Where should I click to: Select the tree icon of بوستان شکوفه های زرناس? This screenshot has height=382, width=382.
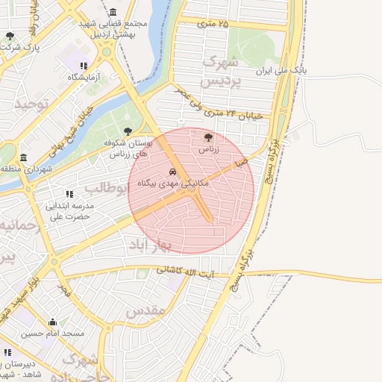(128, 131)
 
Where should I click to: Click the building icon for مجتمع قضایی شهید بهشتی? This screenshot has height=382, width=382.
(113, 13)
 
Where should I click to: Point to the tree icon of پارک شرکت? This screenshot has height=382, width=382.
(10, 36)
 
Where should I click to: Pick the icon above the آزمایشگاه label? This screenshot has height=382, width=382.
(84, 66)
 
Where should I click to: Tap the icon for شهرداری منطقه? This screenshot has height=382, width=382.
(24, 158)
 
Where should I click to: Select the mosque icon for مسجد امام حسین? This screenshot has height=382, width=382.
(51, 322)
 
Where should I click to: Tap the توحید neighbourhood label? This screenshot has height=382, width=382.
(31, 104)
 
